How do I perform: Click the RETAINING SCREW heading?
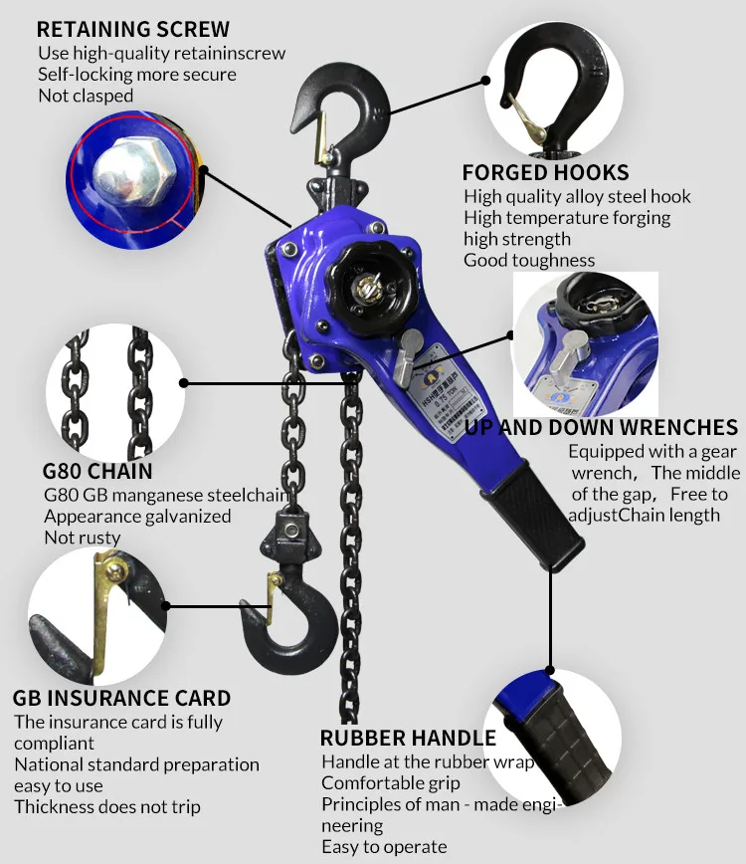132,29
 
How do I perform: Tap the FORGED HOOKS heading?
545,173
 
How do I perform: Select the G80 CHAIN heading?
97,471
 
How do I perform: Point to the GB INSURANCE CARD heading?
121,699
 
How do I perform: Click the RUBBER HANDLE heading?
408,738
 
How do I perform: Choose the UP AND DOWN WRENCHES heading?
601,428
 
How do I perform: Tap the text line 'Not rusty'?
83,538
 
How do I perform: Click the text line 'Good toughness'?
529,261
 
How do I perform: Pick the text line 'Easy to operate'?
384,847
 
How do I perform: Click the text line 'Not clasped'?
86,96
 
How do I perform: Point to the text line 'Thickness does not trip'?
107,806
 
